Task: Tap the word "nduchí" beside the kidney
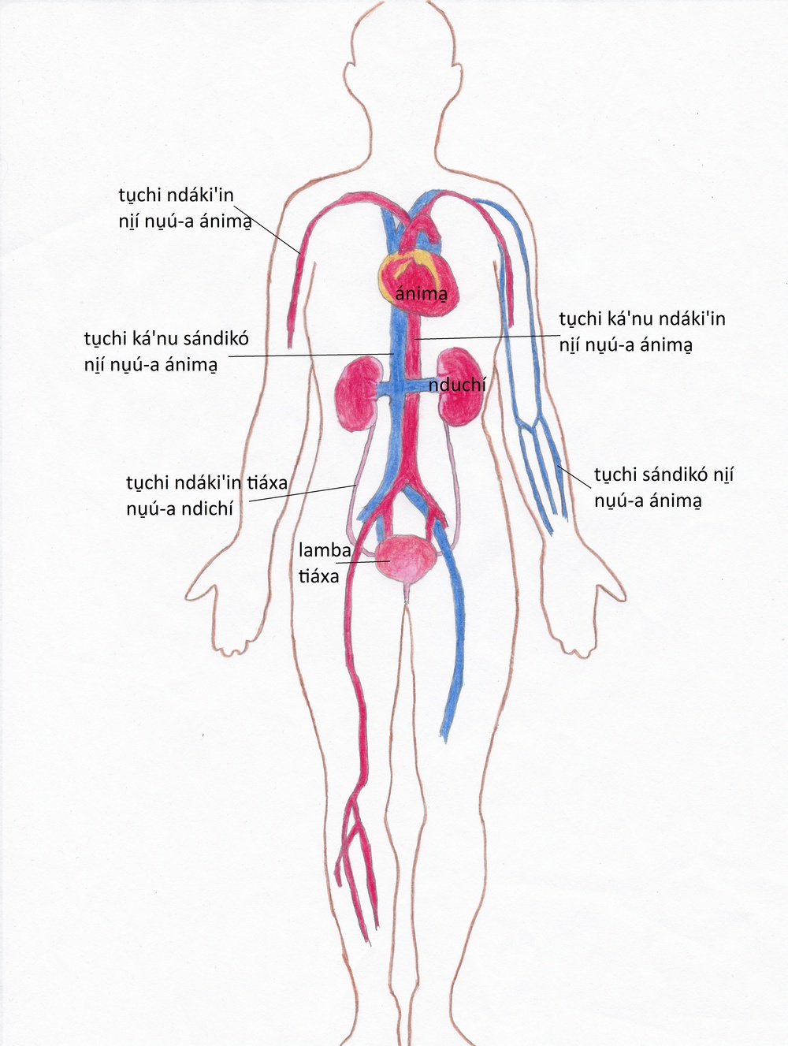(x=457, y=385)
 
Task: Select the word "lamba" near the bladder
(x=325, y=550)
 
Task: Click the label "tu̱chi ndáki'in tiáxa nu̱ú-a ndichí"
(x=207, y=496)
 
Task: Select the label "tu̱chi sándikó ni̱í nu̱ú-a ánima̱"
(x=663, y=487)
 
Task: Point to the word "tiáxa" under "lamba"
(x=318, y=576)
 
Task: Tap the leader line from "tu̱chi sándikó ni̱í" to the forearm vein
(x=574, y=477)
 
